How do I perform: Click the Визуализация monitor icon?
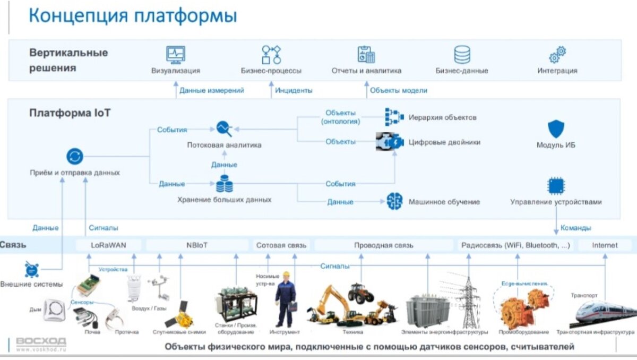(x=175, y=54)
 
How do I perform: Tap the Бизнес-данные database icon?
(x=462, y=54)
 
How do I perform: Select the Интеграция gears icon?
(x=557, y=54)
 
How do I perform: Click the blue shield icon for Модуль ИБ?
(x=556, y=129)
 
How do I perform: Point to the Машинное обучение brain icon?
(x=394, y=201)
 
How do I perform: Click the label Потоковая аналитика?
(x=224, y=145)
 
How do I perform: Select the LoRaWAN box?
(x=108, y=245)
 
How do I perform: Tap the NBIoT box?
(x=197, y=245)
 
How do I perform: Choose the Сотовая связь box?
(x=281, y=245)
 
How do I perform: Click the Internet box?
(x=605, y=245)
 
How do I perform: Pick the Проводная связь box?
(x=384, y=245)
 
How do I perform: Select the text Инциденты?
(x=294, y=91)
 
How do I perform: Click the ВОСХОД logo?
(x=41, y=341)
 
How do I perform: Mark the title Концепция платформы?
(x=132, y=15)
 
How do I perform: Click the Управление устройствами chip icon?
(x=556, y=186)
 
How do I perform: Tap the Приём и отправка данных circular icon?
(x=75, y=157)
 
